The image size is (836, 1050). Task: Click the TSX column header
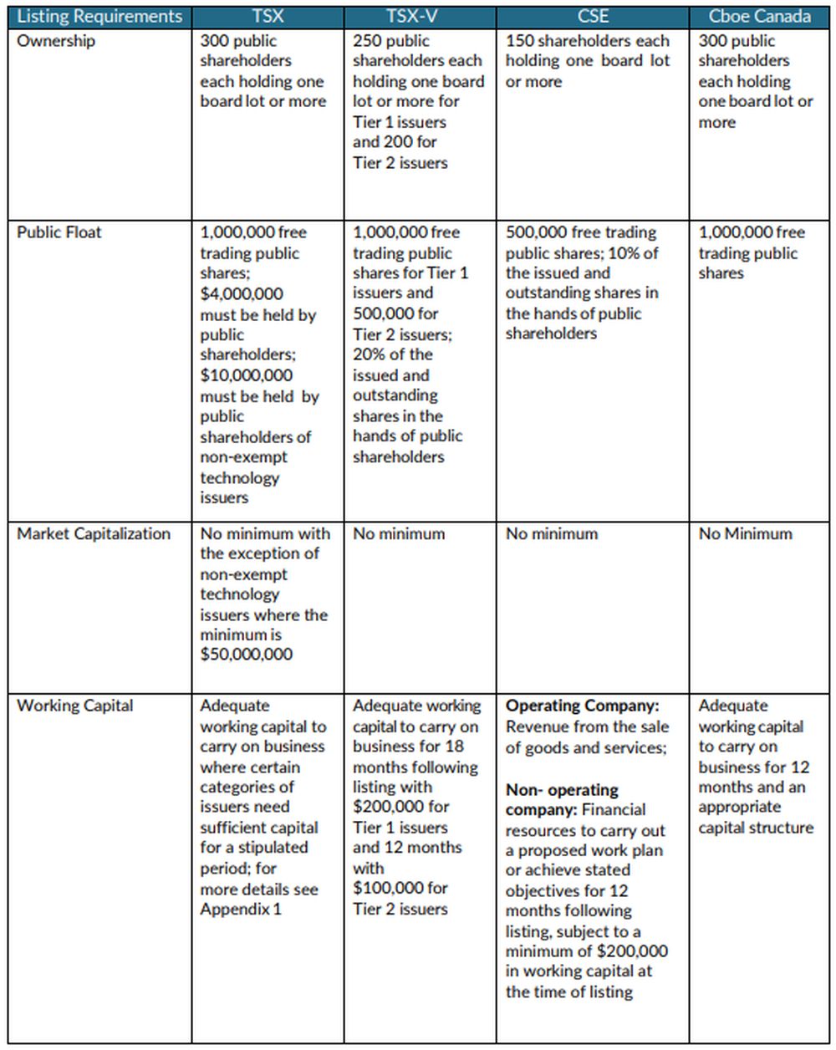268,16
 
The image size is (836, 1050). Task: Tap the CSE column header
593,16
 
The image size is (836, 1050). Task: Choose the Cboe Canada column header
759,16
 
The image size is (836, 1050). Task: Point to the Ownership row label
56,41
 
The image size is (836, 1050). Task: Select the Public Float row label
59,232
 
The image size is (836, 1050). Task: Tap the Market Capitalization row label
94,534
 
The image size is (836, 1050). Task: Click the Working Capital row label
74,706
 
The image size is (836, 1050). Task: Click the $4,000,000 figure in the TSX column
242,294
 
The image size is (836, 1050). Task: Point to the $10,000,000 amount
246,375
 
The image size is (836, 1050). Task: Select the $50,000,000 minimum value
246,655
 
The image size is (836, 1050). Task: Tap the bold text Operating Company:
582,706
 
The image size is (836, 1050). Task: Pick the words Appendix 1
241,910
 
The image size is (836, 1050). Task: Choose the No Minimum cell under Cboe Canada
745,534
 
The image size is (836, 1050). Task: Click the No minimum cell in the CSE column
552,534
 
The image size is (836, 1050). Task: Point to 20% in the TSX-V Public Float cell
369,354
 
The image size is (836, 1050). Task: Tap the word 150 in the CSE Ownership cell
520,41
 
